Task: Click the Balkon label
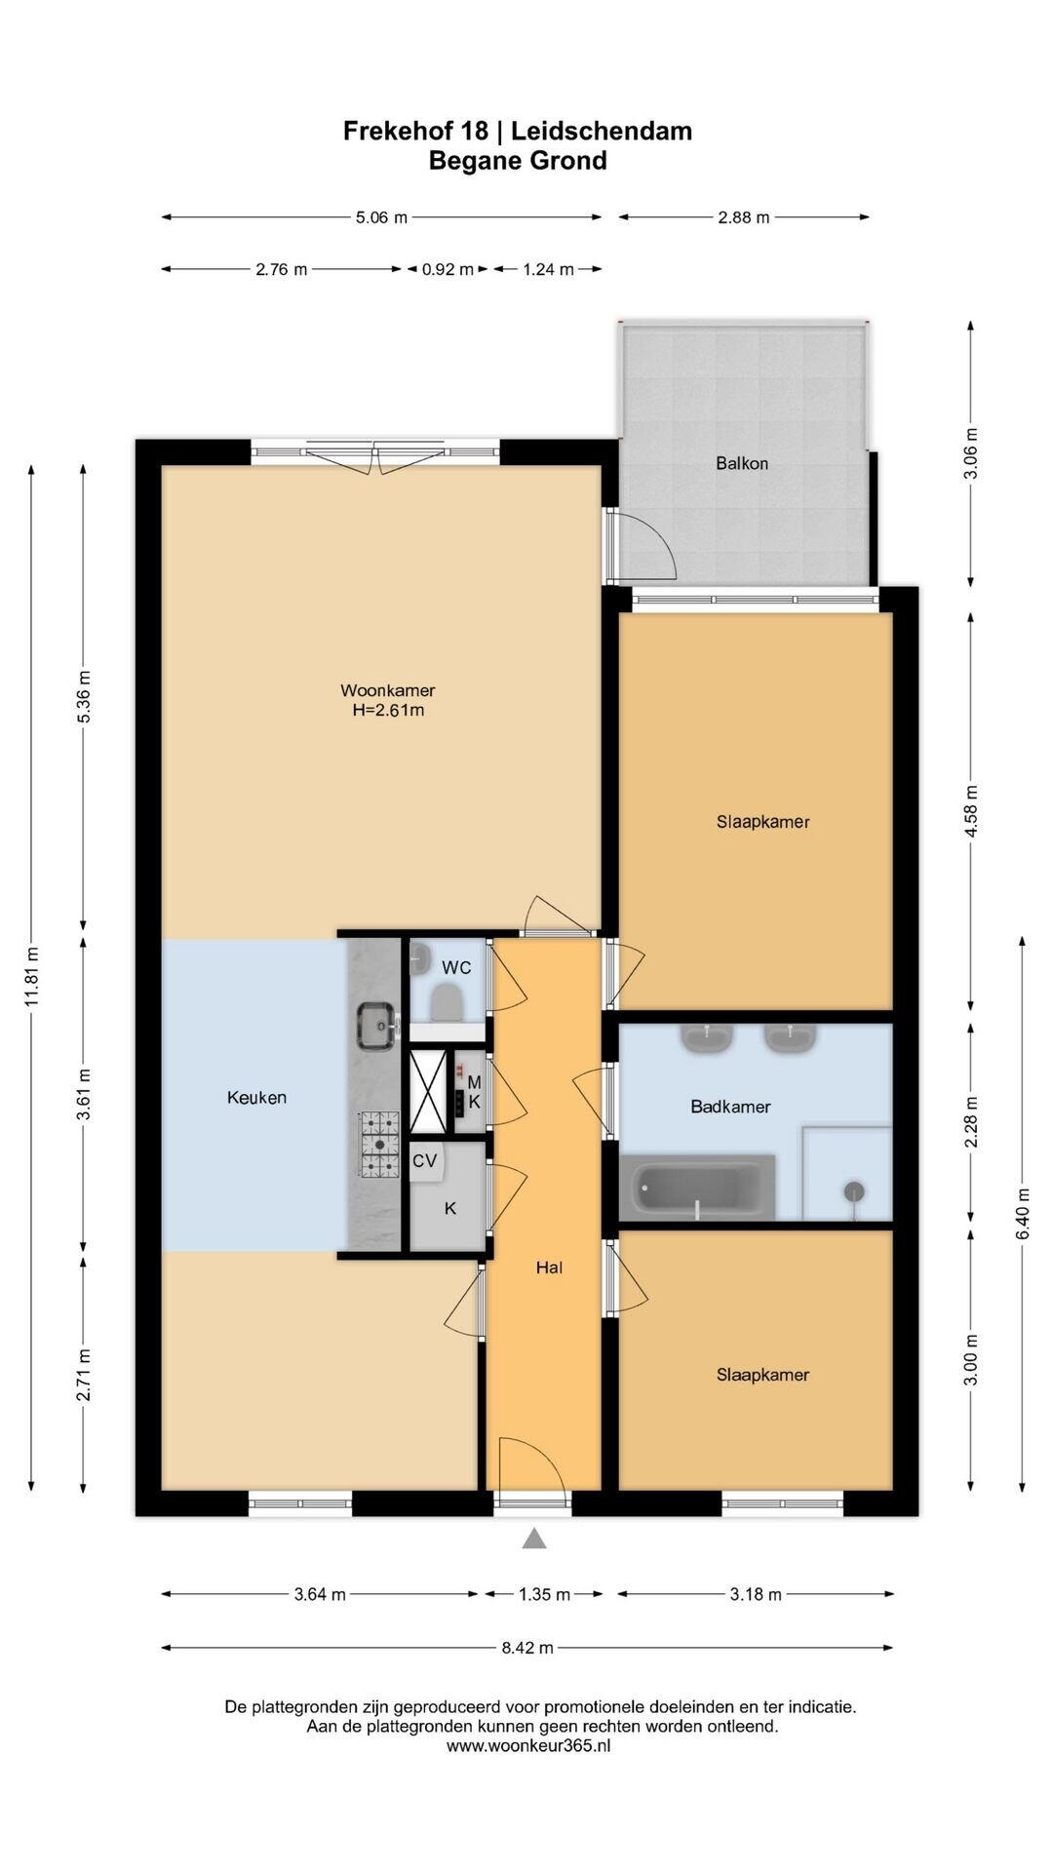[742, 463]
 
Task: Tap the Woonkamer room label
[387, 691]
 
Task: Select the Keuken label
[256, 1098]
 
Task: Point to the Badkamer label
[730, 1107]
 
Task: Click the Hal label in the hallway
[549, 1267]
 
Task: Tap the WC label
[456, 968]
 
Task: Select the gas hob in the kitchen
[379, 1144]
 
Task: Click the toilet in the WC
[448, 1002]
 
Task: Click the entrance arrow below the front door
[533, 1539]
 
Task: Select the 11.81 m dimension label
[32, 977]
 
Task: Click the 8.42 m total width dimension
[527, 1648]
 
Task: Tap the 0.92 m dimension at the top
[448, 269]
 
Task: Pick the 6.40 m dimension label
[1023, 1214]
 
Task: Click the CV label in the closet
[424, 1160]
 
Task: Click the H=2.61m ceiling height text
[388, 711]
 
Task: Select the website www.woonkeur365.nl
[528, 1746]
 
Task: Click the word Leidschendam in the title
[602, 131]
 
